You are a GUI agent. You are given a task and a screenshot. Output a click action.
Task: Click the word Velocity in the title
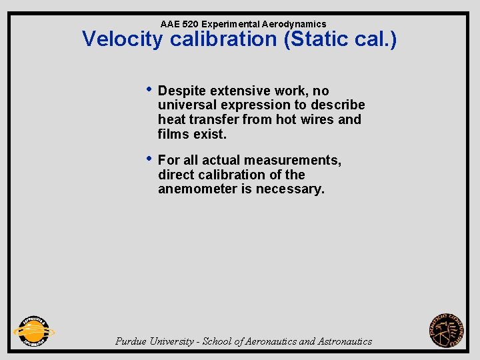[123, 39]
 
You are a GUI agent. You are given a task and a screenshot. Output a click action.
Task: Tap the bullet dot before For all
[149, 159]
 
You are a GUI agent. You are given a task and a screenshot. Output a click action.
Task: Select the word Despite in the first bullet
[183, 91]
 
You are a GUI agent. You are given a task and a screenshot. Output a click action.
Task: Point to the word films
[173, 135]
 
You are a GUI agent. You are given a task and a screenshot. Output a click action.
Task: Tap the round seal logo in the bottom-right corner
[447, 331]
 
